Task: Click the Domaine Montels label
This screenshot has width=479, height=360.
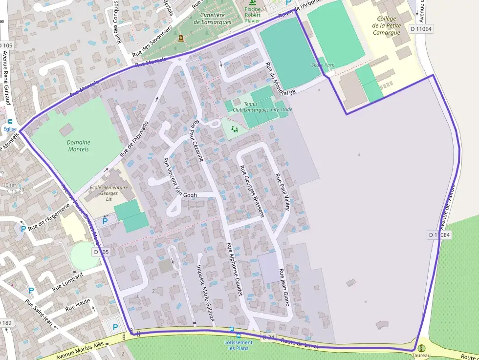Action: [x=78, y=146]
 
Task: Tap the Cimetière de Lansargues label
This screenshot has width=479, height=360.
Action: [x=212, y=19]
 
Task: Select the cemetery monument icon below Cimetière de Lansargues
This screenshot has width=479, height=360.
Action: [x=181, y=38]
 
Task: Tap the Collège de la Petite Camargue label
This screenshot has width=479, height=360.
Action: [x=386, y=26]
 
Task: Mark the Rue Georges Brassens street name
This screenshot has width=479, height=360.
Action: [x=252, y=191]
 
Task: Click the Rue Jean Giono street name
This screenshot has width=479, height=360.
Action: [x=284, y=287]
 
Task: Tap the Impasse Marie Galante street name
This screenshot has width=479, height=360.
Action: [x=205, y=293]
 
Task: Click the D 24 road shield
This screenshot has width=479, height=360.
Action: [x=268, y=338]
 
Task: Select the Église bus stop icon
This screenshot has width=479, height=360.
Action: [x=10, y=122]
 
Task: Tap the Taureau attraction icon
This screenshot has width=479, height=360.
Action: [x=421, y=348]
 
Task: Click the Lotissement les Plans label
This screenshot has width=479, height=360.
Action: [x=238, y=345]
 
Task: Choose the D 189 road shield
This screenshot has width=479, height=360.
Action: [x=6, y=323]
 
